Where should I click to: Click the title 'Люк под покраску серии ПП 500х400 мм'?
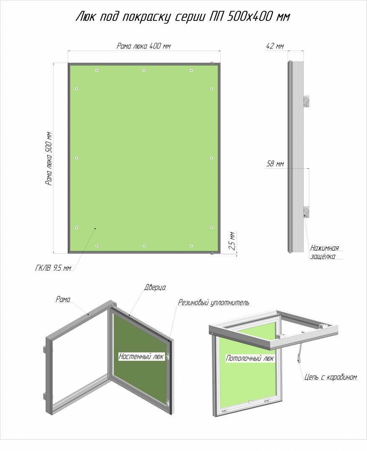(x=183, y=17)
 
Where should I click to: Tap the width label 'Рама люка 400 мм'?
(x=144, y=46)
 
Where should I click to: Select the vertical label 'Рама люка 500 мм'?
(x=48, y=159)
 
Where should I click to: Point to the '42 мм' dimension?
(x=275, y=46)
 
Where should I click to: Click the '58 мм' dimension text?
(x=275, y=164)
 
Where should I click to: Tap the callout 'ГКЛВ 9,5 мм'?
(x=53, y=268)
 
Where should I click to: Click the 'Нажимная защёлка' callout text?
(x=324, y=252)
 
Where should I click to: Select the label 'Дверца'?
(x=155, y=287)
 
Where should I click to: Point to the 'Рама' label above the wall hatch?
(x=63, y=299)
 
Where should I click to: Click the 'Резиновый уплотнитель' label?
(x=214, y=302)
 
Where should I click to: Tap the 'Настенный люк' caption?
(x=141, y=357)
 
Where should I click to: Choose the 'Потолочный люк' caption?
(x=250, y=358)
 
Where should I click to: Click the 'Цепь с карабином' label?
(x=331, y=377)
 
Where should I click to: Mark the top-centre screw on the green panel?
(x=144, y=71)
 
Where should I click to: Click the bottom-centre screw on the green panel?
(x=144, y=246)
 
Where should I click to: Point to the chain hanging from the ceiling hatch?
(x=298, y=350)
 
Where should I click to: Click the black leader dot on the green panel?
(x=95, y=229)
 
